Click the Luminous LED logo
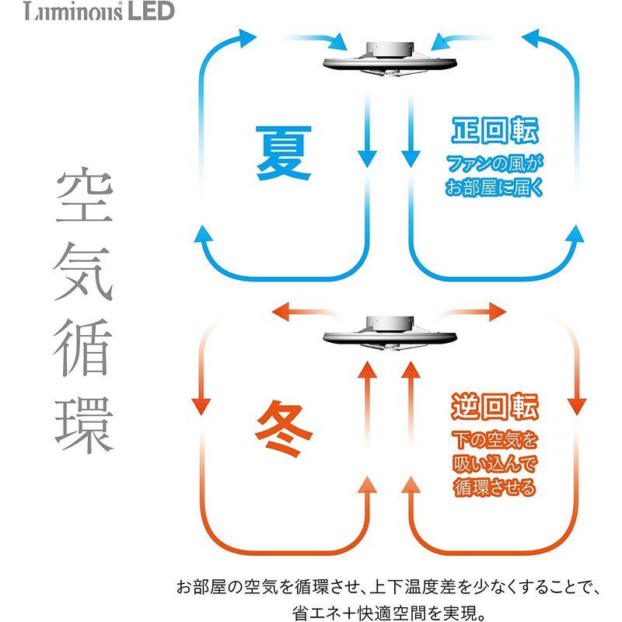[x=99, y=11]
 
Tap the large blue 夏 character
[x=283, y=152]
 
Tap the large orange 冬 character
[x=283, y=428]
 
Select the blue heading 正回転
[x=494, y=131]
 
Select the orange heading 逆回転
[x=494, y=406]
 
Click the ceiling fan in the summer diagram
[x=390, y=58]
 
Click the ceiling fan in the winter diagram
[x=390, y=334]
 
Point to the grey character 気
[x=83, y=272]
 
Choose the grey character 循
[x=83, y=348]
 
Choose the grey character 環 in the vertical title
[x=84, y=425]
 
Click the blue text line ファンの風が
[x=494, y=164]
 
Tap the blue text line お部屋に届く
[x=494, y=187]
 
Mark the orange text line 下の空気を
[x=494, y=440]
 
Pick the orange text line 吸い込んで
[x=494, y=463]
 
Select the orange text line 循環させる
[x=494, y=487]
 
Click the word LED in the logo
[x=151, y=11]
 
